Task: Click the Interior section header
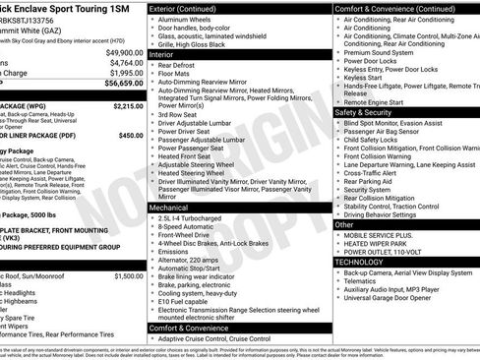pyautogui.click(x=164, y=55)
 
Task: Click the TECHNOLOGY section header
pyautogui.click(x=361, y=263)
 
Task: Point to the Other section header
pyautogui.click(x=344, y=224)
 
